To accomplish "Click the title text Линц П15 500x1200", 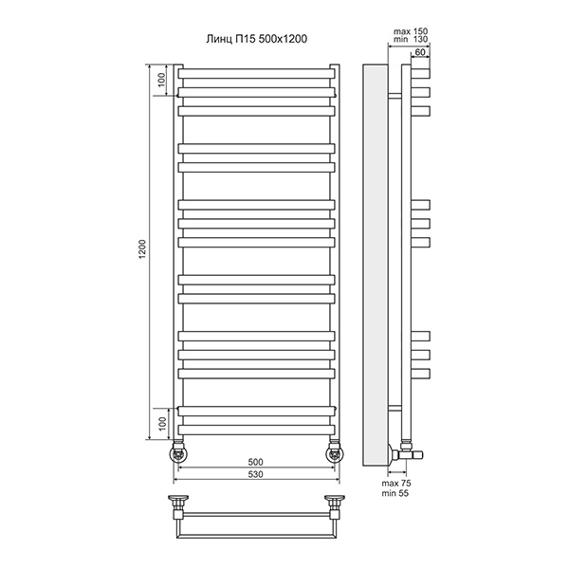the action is click(257, 39).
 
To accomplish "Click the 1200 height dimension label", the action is click(142, 248).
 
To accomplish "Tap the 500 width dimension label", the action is click(255, 462).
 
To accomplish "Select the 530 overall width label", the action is click(255, 474).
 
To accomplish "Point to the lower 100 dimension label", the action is click(162, 424).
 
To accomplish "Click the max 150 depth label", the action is click(411, 31).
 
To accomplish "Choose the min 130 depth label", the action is click(411, 39).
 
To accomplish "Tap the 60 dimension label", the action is click(420, 52).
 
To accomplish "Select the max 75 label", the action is click(396, 484).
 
